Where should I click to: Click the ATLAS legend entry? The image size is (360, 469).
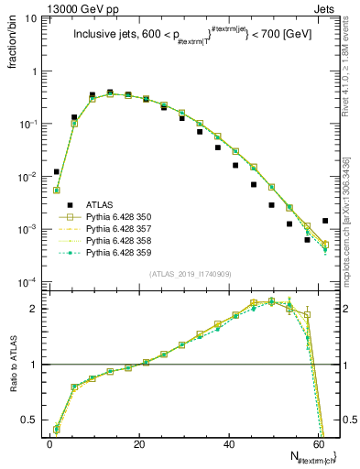click(x=101, y=205)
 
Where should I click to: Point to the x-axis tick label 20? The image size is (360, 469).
click(x=139, y=443)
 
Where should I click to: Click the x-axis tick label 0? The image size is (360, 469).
click(x=49, y=443)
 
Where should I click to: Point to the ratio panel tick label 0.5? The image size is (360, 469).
click(x=33, y=420)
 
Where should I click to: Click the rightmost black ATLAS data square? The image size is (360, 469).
click(x=325, y=221)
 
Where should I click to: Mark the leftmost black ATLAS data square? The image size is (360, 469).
click(x=57, y=171)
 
